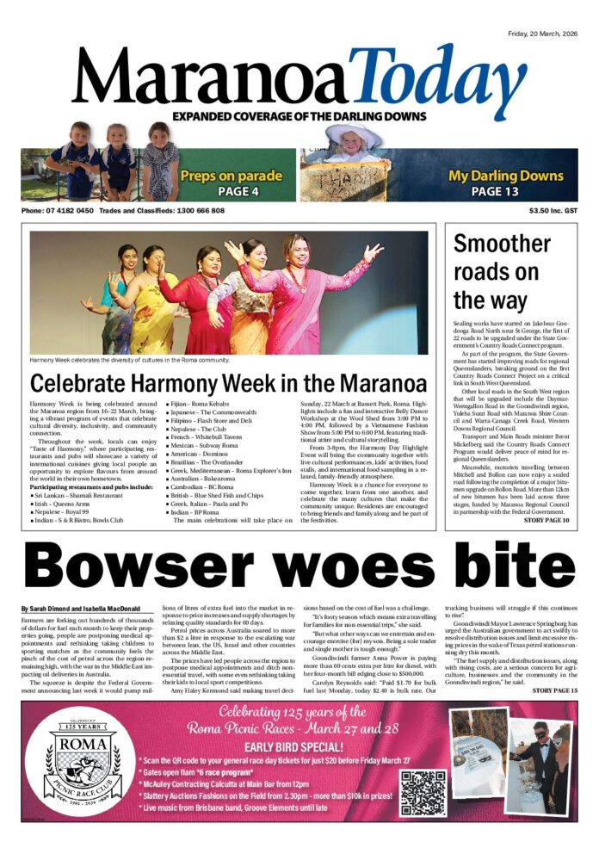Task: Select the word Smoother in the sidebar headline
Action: [503, 244]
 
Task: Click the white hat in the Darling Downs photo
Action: [354, 133]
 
